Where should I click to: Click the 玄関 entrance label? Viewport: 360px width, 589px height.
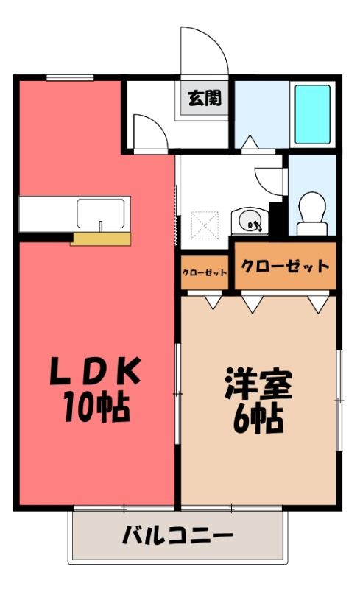(205, 98)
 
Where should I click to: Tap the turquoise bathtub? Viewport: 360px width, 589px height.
(312, 114)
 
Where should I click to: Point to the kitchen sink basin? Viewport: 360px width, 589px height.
(101, 214)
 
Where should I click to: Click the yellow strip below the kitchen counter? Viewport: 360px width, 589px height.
(101, 239)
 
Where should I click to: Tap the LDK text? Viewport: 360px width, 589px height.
(95, 371)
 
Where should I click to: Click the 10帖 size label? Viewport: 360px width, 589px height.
(97, 407)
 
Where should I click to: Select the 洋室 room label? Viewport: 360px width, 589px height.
(258, 383)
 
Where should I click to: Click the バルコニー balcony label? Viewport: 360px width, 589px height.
(177, 535)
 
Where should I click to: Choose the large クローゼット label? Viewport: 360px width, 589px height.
(285, 267)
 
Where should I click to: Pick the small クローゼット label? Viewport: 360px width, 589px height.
(205, 272)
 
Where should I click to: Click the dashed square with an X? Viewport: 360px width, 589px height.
(205, 225)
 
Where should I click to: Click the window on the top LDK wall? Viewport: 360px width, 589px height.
(70, 77)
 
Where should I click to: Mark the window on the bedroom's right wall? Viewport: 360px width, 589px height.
(339, 401)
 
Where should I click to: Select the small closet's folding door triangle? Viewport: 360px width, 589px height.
(213, 303)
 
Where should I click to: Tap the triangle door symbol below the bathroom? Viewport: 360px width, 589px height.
(250, 142)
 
